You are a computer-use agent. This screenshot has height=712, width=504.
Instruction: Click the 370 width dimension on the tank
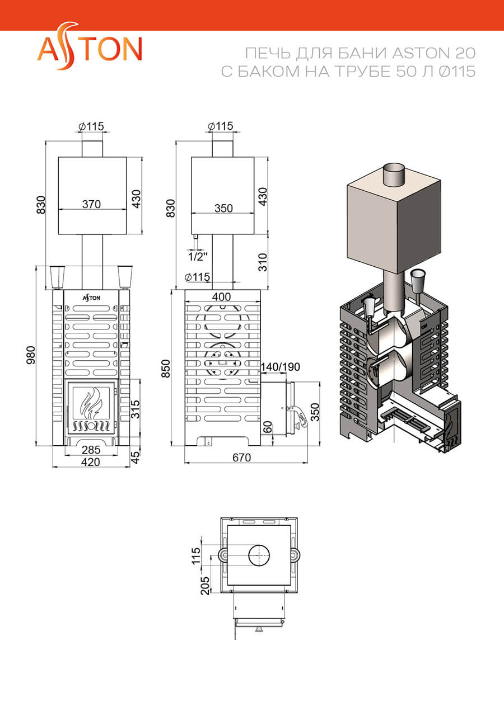coord(92,204)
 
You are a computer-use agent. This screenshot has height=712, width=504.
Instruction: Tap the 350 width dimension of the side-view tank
coord(223,208)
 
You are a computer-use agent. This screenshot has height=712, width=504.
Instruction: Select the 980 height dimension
coord(31,355)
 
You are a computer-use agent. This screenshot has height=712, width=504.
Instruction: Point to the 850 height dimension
coord(166,369)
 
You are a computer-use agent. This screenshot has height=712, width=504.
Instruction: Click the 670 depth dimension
coord(242,458)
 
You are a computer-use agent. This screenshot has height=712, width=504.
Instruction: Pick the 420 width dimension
coord(91,462)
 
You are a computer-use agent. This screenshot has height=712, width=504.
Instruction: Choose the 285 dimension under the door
coord(91,450)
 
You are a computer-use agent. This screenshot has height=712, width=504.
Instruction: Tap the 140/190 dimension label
coord(281,367)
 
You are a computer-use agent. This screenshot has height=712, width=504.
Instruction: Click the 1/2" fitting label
coord(198,256)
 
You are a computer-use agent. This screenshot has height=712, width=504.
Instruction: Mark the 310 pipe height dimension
coord(263,262)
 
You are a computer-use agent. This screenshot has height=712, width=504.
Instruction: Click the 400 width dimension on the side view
coord(221,296)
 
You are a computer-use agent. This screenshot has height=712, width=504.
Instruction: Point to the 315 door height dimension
coord(135,409)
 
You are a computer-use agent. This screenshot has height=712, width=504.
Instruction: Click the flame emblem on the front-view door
coord(92,403)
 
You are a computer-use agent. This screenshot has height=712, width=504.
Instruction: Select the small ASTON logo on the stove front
coord(92,298)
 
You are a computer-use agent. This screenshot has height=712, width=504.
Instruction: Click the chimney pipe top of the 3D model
coord(394,168)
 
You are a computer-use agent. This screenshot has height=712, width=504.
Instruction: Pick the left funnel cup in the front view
coord(58,277)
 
